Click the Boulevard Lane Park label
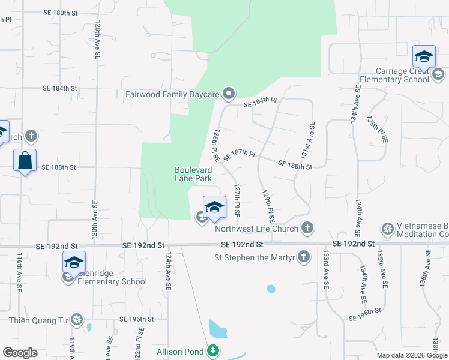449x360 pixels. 193,174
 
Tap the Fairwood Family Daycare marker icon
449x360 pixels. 228,94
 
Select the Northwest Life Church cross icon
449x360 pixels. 307,228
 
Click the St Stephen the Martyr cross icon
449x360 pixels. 304,257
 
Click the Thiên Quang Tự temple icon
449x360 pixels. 77,319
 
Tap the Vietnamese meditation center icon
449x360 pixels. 387,229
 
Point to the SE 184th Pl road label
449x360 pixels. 259,104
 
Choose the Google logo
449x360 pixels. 20,353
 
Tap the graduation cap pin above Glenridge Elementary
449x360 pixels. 74,262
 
